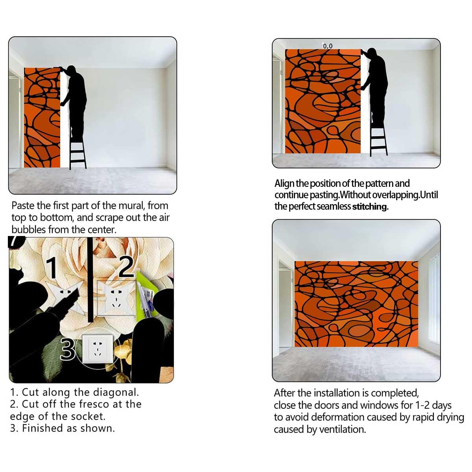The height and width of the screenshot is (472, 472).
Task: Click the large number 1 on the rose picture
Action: (52, 268)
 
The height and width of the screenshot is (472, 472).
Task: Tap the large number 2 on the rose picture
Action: (126, 267)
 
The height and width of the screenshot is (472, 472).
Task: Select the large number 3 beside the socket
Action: (68, 349)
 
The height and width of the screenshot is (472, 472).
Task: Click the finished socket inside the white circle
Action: (98, 348)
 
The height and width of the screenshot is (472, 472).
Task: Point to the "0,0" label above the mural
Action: (328, 46)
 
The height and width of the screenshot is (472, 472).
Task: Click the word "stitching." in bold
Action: (371, 206)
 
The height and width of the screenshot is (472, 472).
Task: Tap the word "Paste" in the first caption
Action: (23, 206)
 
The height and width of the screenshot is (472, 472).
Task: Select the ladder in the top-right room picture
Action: (378, 140)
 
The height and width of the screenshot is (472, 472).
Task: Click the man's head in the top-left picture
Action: (71, 70)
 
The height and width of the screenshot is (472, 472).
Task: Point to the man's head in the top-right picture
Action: (372, 53)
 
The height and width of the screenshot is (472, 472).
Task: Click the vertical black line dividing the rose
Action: (90, 280)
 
